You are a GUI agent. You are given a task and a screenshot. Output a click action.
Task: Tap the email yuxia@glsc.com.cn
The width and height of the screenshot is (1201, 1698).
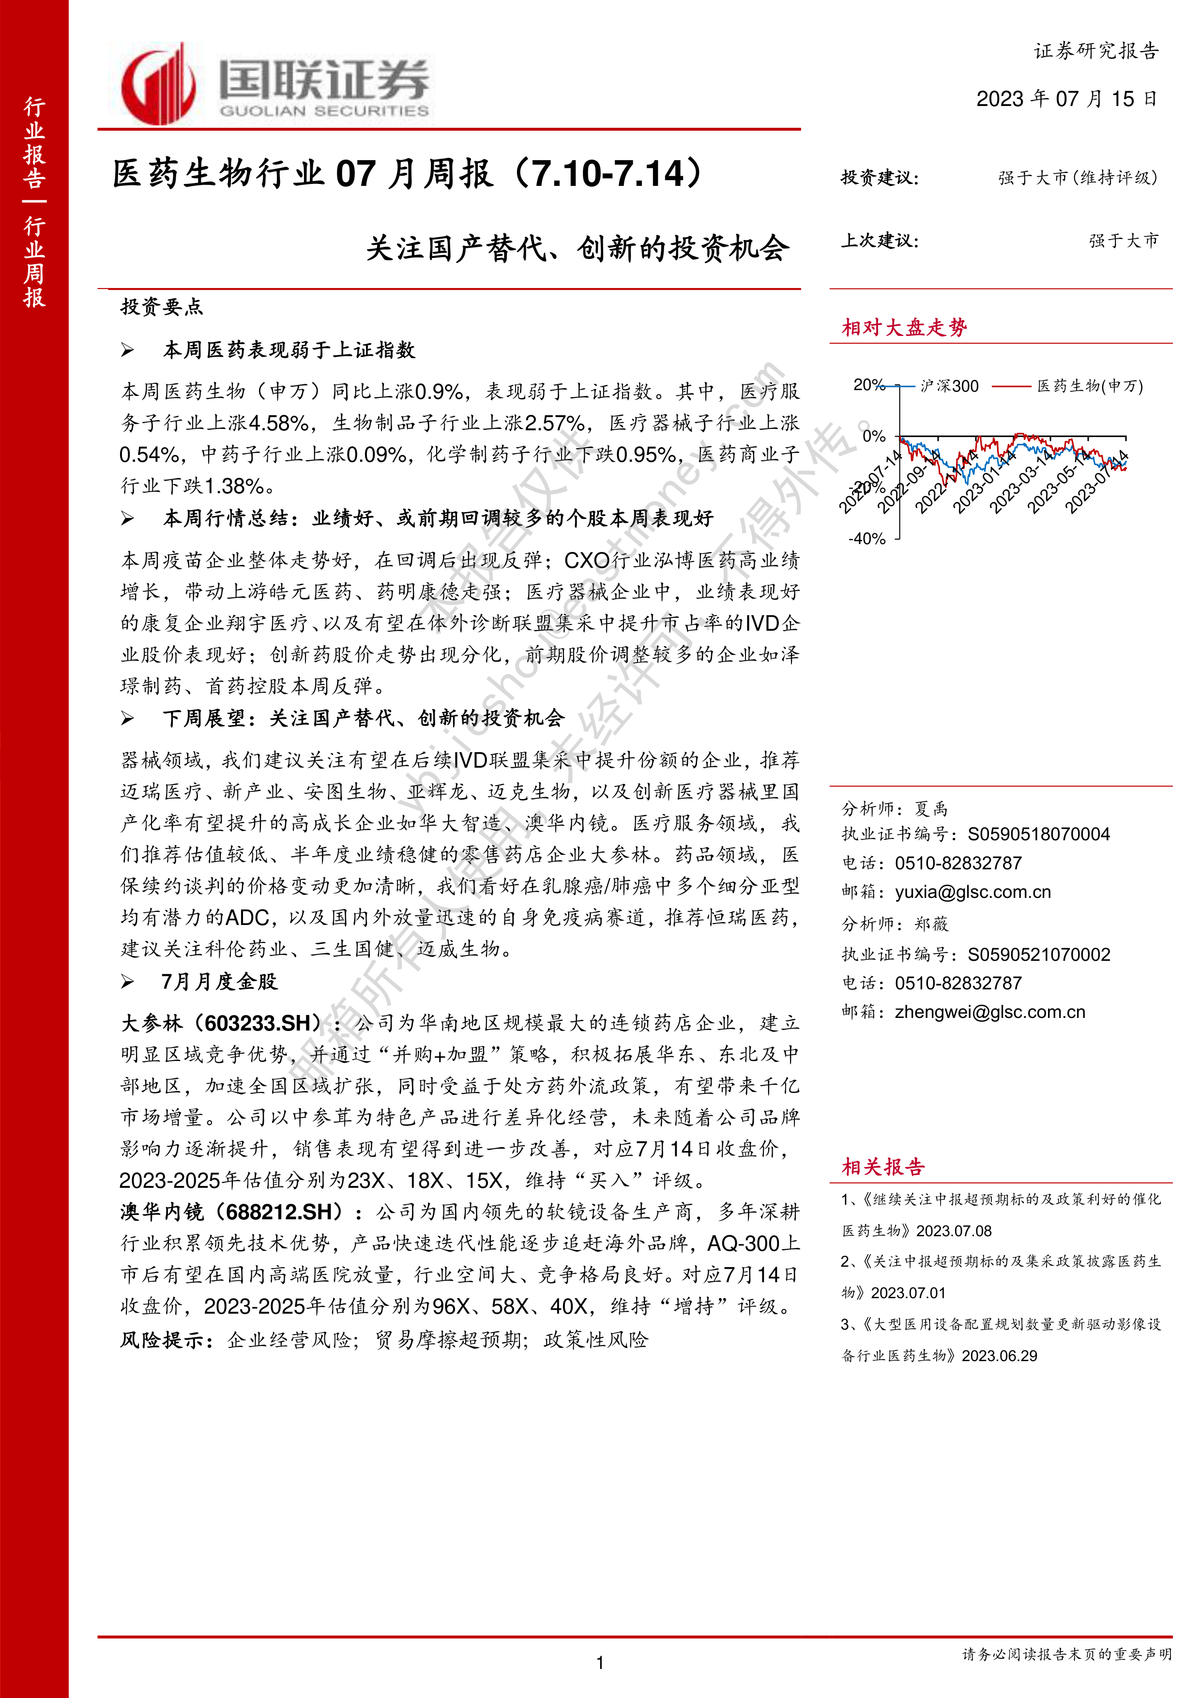tap(973, 892)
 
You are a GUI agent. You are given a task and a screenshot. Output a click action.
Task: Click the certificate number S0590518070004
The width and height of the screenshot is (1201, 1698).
tap(1038, 834)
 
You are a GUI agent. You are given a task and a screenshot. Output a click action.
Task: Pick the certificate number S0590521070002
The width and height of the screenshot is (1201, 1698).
tap(1038, 954)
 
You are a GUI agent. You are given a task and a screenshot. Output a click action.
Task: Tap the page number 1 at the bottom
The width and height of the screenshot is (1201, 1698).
tap(600, 1663)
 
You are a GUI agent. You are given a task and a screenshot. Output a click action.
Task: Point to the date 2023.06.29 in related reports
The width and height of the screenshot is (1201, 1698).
tap(999, 1356)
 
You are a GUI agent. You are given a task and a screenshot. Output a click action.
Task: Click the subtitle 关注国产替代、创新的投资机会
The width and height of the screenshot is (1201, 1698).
tap(578, 248)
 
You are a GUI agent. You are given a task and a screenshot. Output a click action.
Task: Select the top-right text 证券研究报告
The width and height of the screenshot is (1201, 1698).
tap(1095, 51)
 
